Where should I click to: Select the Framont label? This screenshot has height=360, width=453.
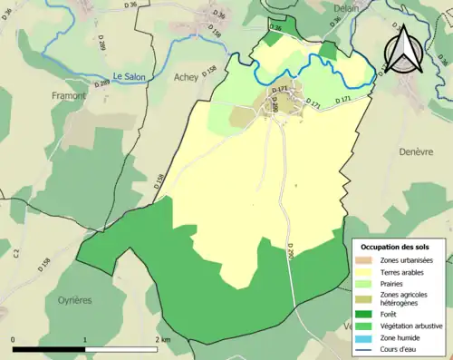click(69, 94)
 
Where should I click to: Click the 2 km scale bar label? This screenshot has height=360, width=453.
click(162, 338)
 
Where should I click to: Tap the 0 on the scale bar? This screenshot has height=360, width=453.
click(14, 338)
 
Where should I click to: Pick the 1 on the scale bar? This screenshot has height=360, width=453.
click(85, 338)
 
